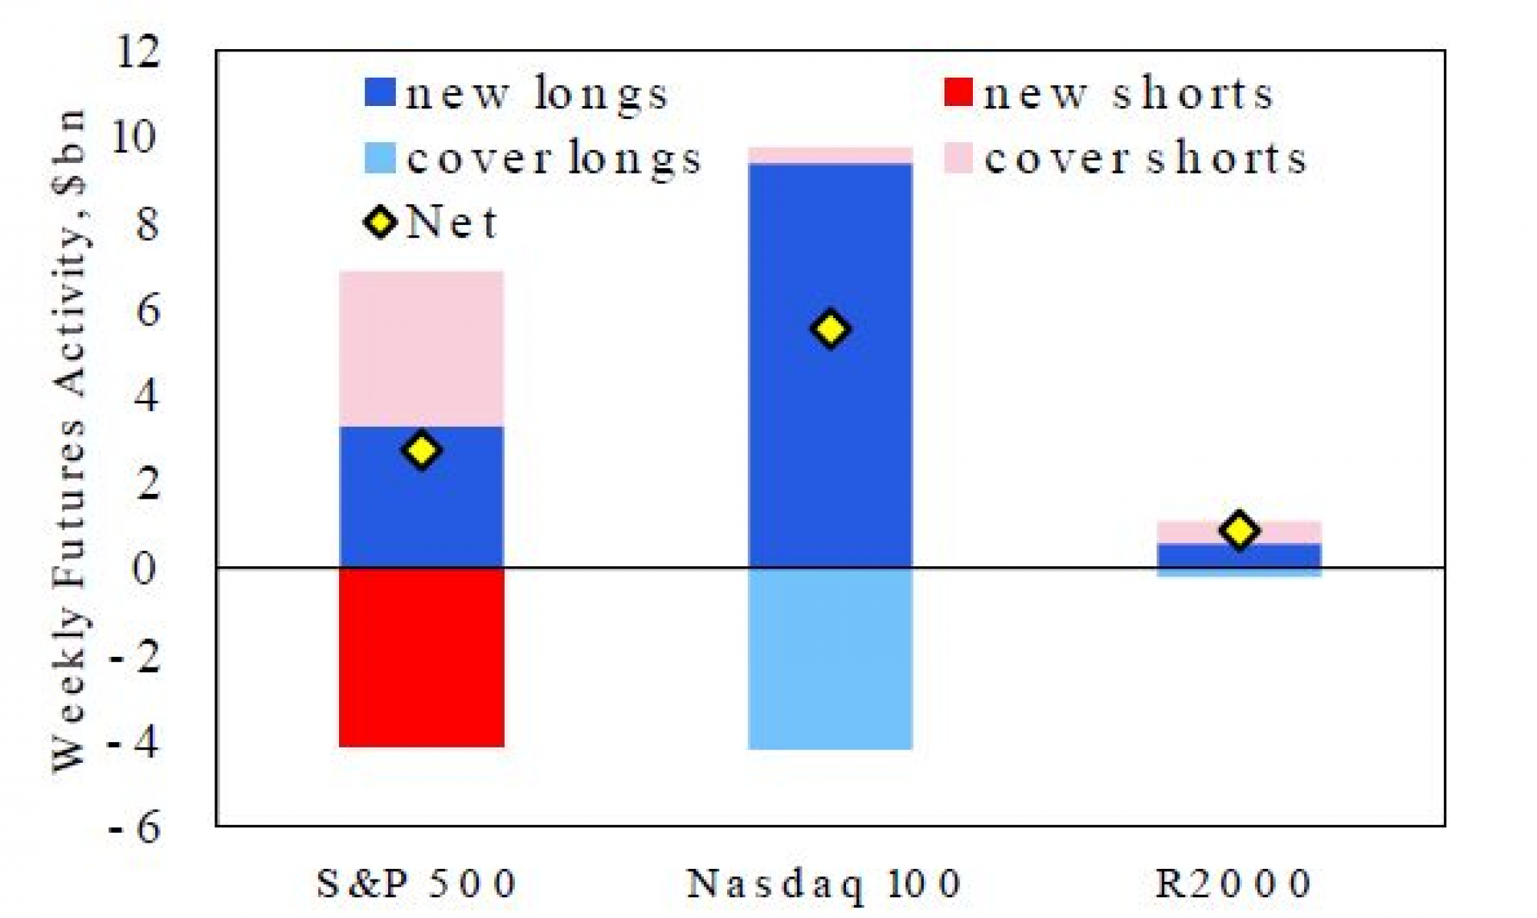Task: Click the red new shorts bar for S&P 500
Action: pyautogui.click(x=422, y=658)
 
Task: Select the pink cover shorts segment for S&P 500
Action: pyautogui.click(x=422, y=349)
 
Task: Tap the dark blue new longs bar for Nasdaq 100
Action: pyautogui.click(x=831, y=366)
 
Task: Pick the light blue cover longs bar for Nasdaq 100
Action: pyautogui.click(x=831, y=659)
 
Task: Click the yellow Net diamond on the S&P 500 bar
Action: pyautogui.click(x=422, y=450)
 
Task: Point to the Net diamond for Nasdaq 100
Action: pyautogui.click(x=831, y=329)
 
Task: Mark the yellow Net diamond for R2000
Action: pyautogui.click(x=1240, y=530)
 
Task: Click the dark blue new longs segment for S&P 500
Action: pyautogui.click(x=422, y=498)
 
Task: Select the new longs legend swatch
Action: pyautogui.click(x=380, y=93)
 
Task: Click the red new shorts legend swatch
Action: pyautogui.click(x=958, y=93)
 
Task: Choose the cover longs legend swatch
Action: pyautogui.click(x=380, y=158)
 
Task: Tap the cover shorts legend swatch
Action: pyautogui.click(x=958, y=158)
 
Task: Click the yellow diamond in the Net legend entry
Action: pyautogui.click(x=380, y=223)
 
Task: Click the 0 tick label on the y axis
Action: pyautogui.click(x=144, y=568)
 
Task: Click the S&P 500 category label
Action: pyautogui.click(x=417, y=883)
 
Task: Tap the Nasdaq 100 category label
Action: pyautogui.click(x=824, y=883)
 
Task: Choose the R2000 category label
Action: pyautogui.click(x=1234, y=883)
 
